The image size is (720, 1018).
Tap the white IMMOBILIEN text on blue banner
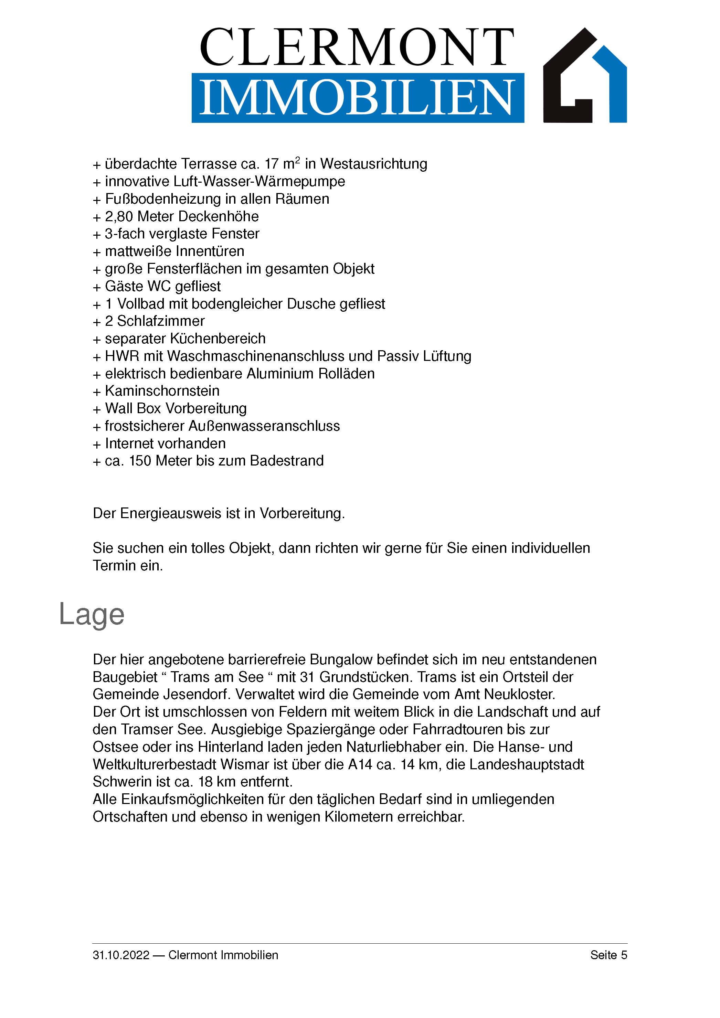tap(357, 98)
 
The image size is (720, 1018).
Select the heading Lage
tap(92, 614)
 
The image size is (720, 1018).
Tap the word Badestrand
tap(287, 461)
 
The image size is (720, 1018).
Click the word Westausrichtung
tap(373, 164)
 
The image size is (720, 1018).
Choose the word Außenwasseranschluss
tap(264, 426)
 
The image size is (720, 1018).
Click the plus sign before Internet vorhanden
tap(97, 444)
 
